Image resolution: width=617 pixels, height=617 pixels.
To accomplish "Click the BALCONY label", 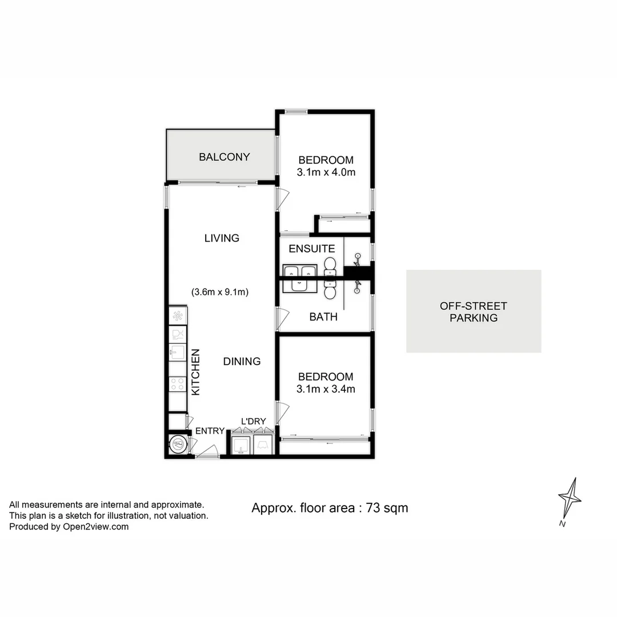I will point(224,157).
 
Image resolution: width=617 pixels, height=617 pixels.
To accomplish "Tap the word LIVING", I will point(222,238).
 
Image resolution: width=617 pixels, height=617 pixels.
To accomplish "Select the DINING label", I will point(242,361).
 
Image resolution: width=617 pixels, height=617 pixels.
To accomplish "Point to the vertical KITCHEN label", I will point(195,372).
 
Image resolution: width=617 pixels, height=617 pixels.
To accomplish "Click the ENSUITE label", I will point(311,249).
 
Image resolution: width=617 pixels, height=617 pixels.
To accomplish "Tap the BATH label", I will point(323,316).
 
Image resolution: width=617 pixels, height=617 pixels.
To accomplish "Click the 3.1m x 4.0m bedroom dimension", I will point(326,172).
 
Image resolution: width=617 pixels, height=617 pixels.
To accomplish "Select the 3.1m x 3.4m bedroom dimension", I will point(326,389).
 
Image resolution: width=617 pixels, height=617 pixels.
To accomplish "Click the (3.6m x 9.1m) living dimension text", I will point(219,292).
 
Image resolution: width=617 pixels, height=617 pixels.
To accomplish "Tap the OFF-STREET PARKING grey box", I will point(474,311).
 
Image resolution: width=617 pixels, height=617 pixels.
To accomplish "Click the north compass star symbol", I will point(570,498).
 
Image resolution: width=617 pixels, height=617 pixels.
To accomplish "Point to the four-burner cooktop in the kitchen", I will point(178,384).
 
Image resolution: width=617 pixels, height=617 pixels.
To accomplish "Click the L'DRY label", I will point(253,422).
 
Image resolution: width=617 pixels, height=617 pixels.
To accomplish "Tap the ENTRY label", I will point(210,431).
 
